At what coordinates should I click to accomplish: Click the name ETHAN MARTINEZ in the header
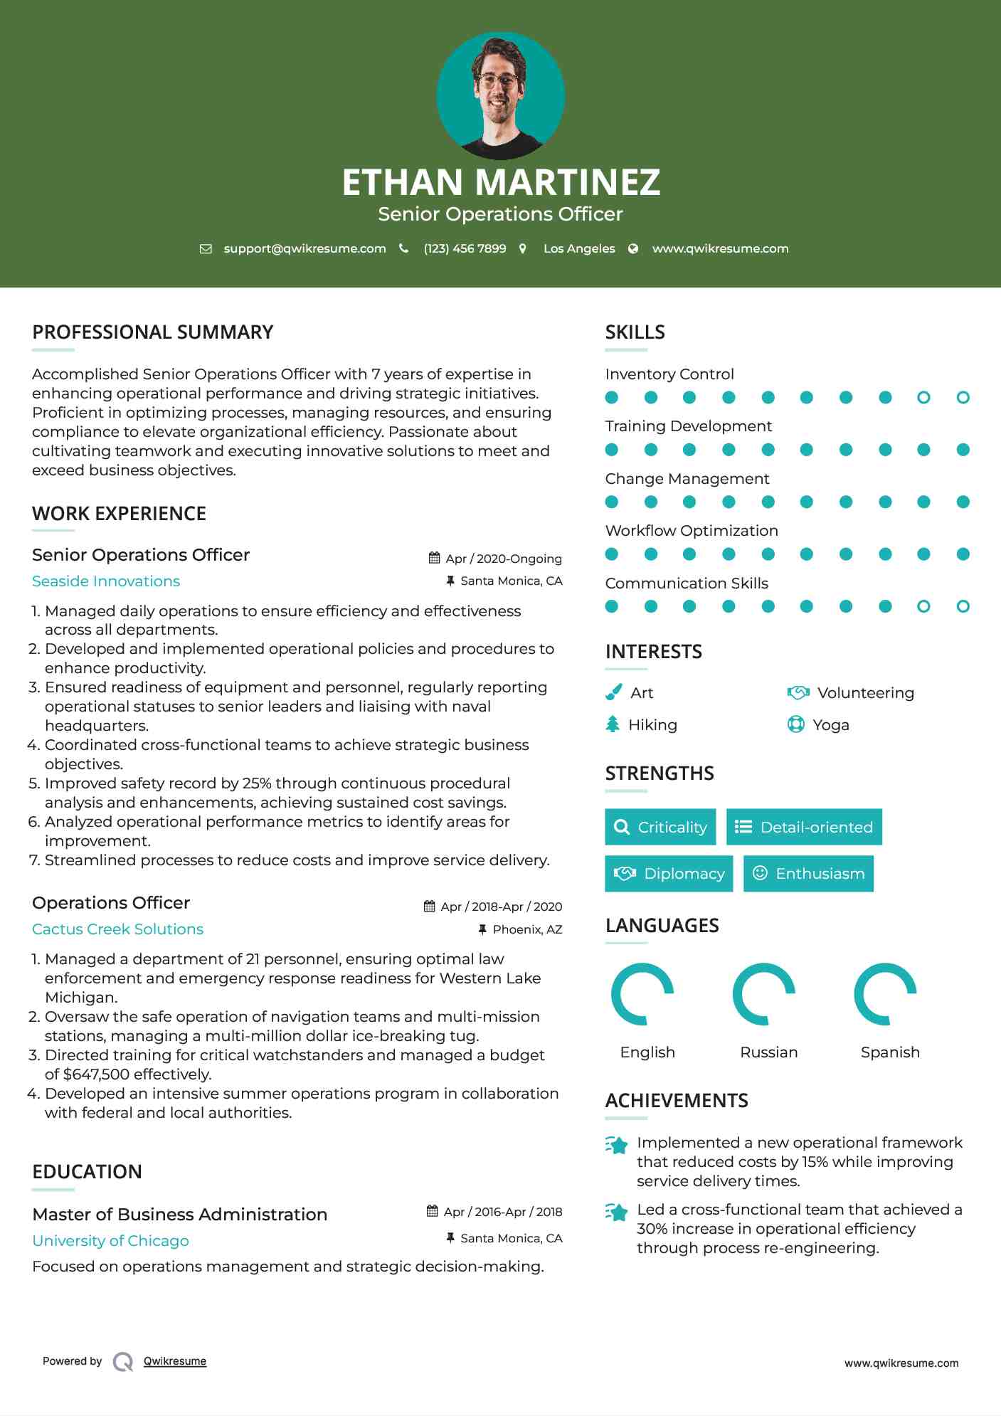(x=501, y=182)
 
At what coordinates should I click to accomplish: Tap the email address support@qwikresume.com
(x=304, y=248)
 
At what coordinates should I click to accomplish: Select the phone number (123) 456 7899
(x=465, y=248)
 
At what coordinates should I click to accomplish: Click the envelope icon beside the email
(x=206, y=249)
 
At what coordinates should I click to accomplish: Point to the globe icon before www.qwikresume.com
(x=633, y=248)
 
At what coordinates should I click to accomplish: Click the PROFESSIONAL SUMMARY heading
(x=152, y=332)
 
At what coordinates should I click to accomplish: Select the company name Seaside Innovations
(x=106, y=581)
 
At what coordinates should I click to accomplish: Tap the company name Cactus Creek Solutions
(x=117, y=929)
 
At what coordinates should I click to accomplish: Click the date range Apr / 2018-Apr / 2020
(x=501, y=907)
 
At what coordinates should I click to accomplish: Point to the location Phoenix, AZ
(x=527, y=929)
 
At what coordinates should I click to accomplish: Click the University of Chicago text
(x=110, y=1241)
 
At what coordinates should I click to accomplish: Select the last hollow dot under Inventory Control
(x=963, y=398)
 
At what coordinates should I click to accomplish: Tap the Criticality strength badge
(x=660, y=827)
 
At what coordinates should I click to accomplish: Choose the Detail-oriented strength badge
(x=804, y=827)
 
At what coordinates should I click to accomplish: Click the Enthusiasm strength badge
(x=808, y=874)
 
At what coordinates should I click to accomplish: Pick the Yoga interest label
(x=830, y=725)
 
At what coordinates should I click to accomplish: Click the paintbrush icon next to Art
(x=613, y=692)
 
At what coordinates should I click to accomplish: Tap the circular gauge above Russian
(x=763, y=994)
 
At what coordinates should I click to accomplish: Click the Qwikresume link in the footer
(x=175, y=1361)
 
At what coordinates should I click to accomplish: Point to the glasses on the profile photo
(x=499, y=79)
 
